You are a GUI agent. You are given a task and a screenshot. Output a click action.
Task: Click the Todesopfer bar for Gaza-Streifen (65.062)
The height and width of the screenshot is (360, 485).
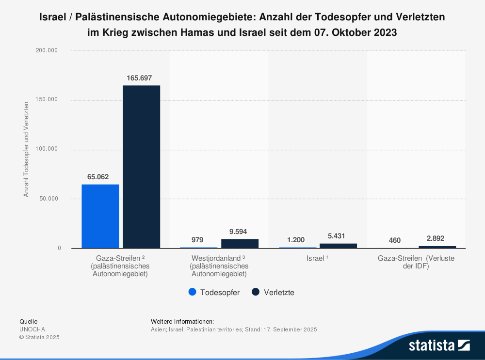[x=100, y=216]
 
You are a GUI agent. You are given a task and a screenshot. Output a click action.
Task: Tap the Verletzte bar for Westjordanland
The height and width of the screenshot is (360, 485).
[x=240, y=244]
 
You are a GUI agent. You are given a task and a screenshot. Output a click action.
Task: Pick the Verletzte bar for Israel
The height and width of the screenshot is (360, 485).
[x=338, y=246]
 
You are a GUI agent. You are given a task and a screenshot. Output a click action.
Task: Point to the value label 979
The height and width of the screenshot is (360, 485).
[x=197, y=240]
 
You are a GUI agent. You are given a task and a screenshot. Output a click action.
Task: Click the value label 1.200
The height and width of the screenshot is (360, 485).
[x=296, y=240]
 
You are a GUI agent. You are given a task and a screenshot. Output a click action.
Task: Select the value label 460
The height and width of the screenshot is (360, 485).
[x=395, y=240]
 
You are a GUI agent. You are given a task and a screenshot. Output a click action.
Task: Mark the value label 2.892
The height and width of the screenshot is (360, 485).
[x=436, y=238]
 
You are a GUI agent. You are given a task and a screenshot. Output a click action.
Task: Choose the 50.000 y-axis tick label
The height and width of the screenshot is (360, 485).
[x=48, y=199]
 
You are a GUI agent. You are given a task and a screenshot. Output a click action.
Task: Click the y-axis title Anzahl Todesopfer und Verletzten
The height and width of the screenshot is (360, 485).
[x=26, y=149]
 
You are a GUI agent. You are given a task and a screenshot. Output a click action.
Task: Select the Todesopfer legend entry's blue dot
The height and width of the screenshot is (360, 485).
[x=192, y=292]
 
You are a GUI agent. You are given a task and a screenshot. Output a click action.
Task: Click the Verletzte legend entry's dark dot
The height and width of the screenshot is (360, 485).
[x=256, y=292]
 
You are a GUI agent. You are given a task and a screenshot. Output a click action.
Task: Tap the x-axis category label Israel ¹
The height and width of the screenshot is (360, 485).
[x=318, y=258]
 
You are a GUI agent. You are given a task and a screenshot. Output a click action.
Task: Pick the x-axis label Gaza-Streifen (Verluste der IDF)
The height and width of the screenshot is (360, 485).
[x=416, y=262]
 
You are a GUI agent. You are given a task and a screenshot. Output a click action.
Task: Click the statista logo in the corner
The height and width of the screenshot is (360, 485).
[x=439, y=345]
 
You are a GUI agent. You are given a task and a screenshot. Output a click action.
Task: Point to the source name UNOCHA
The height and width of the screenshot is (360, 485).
[x=32, y=329]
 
